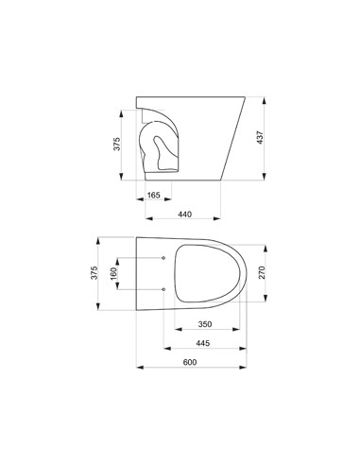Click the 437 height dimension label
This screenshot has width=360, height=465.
260,137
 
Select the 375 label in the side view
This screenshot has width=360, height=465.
117,144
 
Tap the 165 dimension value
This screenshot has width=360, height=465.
154,195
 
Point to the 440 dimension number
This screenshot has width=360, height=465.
184,215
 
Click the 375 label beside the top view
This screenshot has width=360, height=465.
94,273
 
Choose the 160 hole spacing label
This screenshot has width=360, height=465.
113,273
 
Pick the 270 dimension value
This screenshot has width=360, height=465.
262,272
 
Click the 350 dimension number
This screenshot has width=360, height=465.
205,324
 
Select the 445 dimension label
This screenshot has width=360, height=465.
203,343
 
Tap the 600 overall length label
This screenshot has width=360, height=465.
190,362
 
